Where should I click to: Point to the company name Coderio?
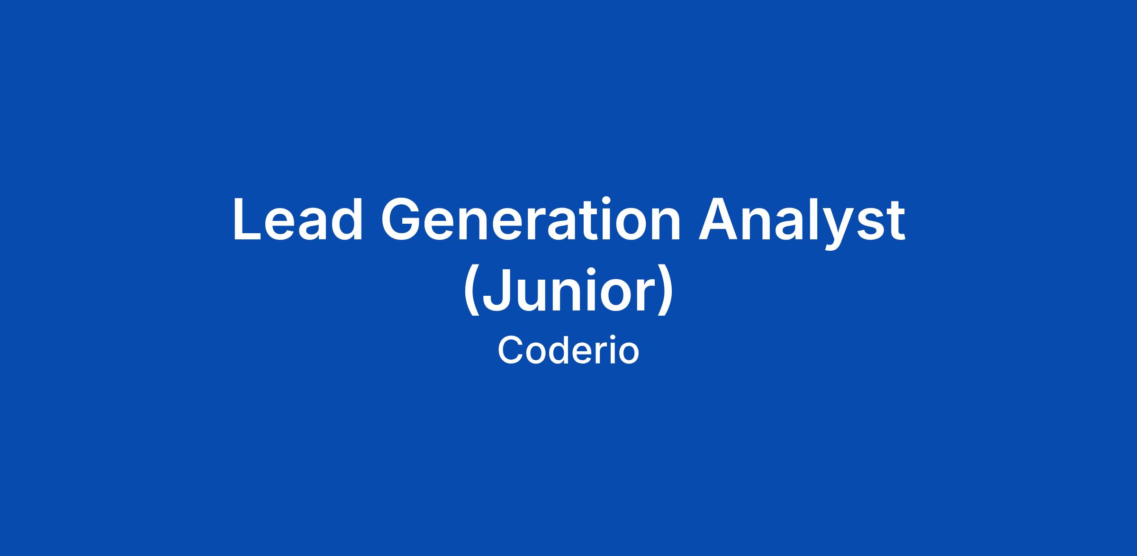pos(568,351)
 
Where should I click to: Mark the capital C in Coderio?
pos(511,351)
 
